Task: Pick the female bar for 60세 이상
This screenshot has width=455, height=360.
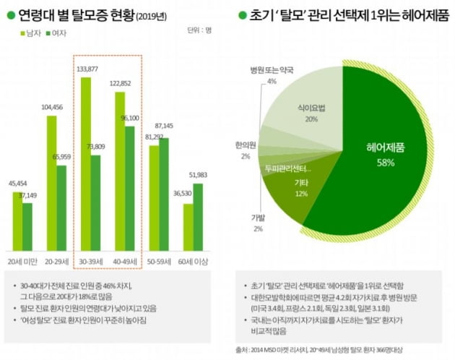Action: (x=198, y=214)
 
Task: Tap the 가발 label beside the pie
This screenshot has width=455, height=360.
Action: (x=258, y=218)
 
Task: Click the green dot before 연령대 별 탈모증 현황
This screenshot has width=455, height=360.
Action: (x=10, y=13)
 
